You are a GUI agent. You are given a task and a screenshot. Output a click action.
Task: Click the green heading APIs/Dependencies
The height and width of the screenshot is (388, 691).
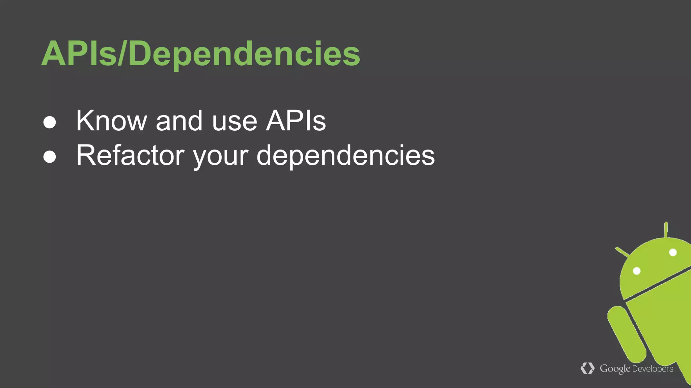[200, 54]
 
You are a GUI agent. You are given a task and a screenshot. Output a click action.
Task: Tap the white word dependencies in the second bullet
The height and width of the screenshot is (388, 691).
[345, 156]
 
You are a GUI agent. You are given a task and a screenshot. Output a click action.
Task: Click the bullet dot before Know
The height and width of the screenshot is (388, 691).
[50, 122]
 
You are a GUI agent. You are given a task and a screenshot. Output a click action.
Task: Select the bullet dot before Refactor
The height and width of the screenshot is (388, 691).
[50, 157]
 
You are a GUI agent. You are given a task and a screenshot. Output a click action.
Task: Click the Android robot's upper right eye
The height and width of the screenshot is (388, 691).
[673, 252]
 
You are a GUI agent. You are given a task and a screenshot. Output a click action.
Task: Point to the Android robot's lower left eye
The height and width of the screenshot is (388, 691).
[637, 271]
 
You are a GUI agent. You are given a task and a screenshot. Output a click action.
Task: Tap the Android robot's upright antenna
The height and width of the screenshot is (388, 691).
[666, 230]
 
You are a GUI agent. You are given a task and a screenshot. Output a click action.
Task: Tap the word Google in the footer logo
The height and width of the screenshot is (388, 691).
[615, 369]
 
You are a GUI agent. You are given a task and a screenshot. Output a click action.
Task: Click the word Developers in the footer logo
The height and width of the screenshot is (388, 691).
[653, 369]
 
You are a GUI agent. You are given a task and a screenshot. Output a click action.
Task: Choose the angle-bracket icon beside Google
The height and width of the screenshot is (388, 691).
[587, 368]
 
